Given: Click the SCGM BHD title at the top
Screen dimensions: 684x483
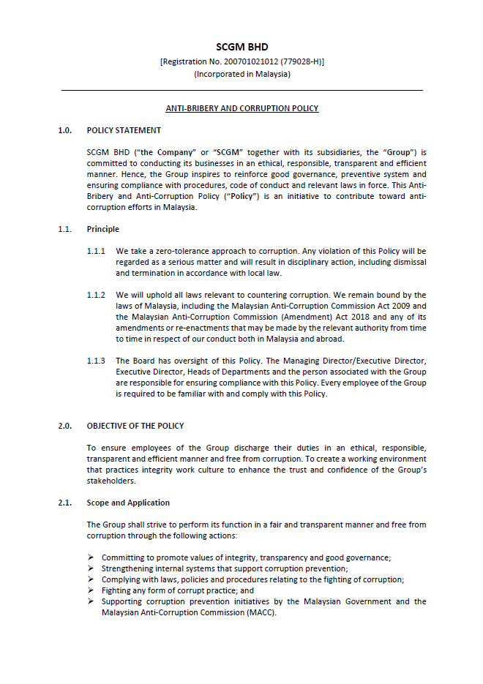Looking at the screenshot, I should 241,47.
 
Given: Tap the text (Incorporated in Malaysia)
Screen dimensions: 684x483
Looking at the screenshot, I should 241,74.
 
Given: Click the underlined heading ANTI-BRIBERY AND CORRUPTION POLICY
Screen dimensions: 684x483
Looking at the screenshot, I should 241,108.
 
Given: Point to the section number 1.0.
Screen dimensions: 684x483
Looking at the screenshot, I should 65,130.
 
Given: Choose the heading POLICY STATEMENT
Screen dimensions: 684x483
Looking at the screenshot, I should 124,130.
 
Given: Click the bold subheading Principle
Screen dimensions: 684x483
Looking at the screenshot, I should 102,229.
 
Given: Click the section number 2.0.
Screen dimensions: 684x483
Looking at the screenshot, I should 65,426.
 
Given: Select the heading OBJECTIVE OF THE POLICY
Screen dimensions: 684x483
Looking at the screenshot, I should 135,426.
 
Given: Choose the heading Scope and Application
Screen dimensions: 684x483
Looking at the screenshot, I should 128,503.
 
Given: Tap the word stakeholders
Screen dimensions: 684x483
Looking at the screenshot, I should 111,481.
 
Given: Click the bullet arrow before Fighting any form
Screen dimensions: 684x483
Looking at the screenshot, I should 91,590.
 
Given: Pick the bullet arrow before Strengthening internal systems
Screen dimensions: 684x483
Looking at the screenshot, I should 91,568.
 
